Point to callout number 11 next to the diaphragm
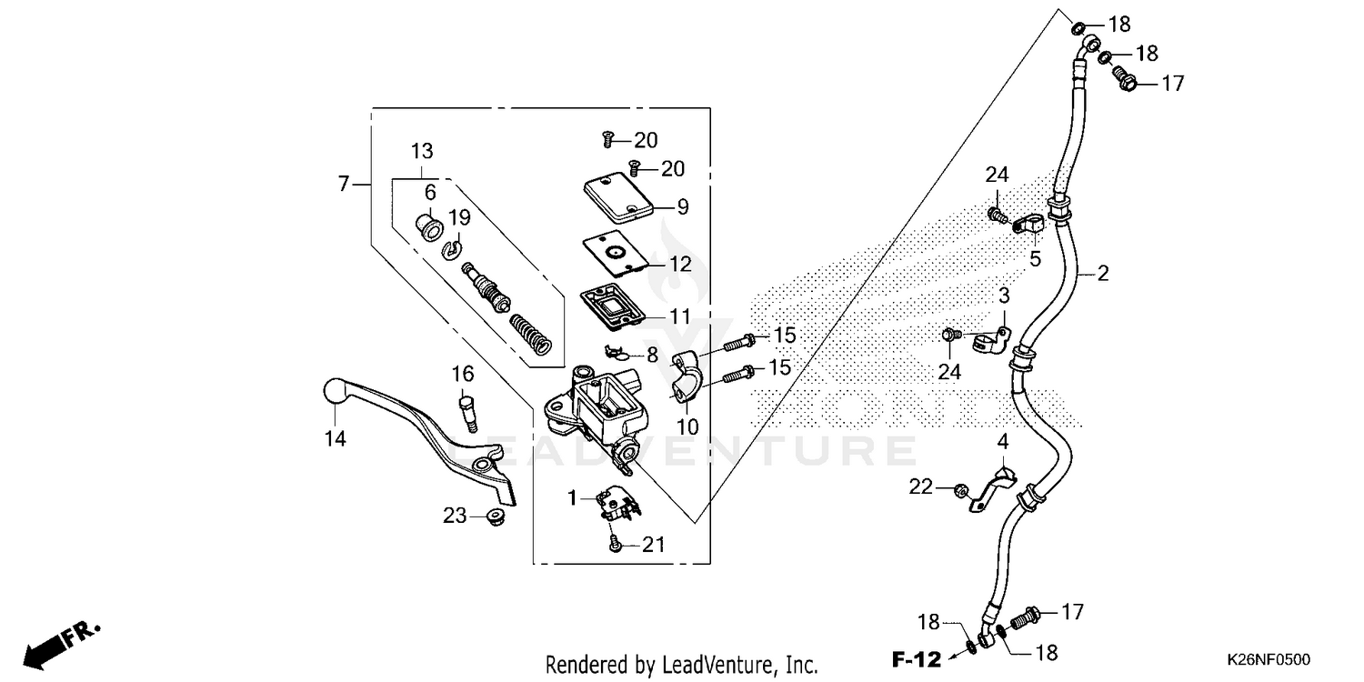680,316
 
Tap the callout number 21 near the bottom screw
653,546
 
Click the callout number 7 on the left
343,184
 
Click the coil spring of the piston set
530,332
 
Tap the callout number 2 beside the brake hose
1103,273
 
